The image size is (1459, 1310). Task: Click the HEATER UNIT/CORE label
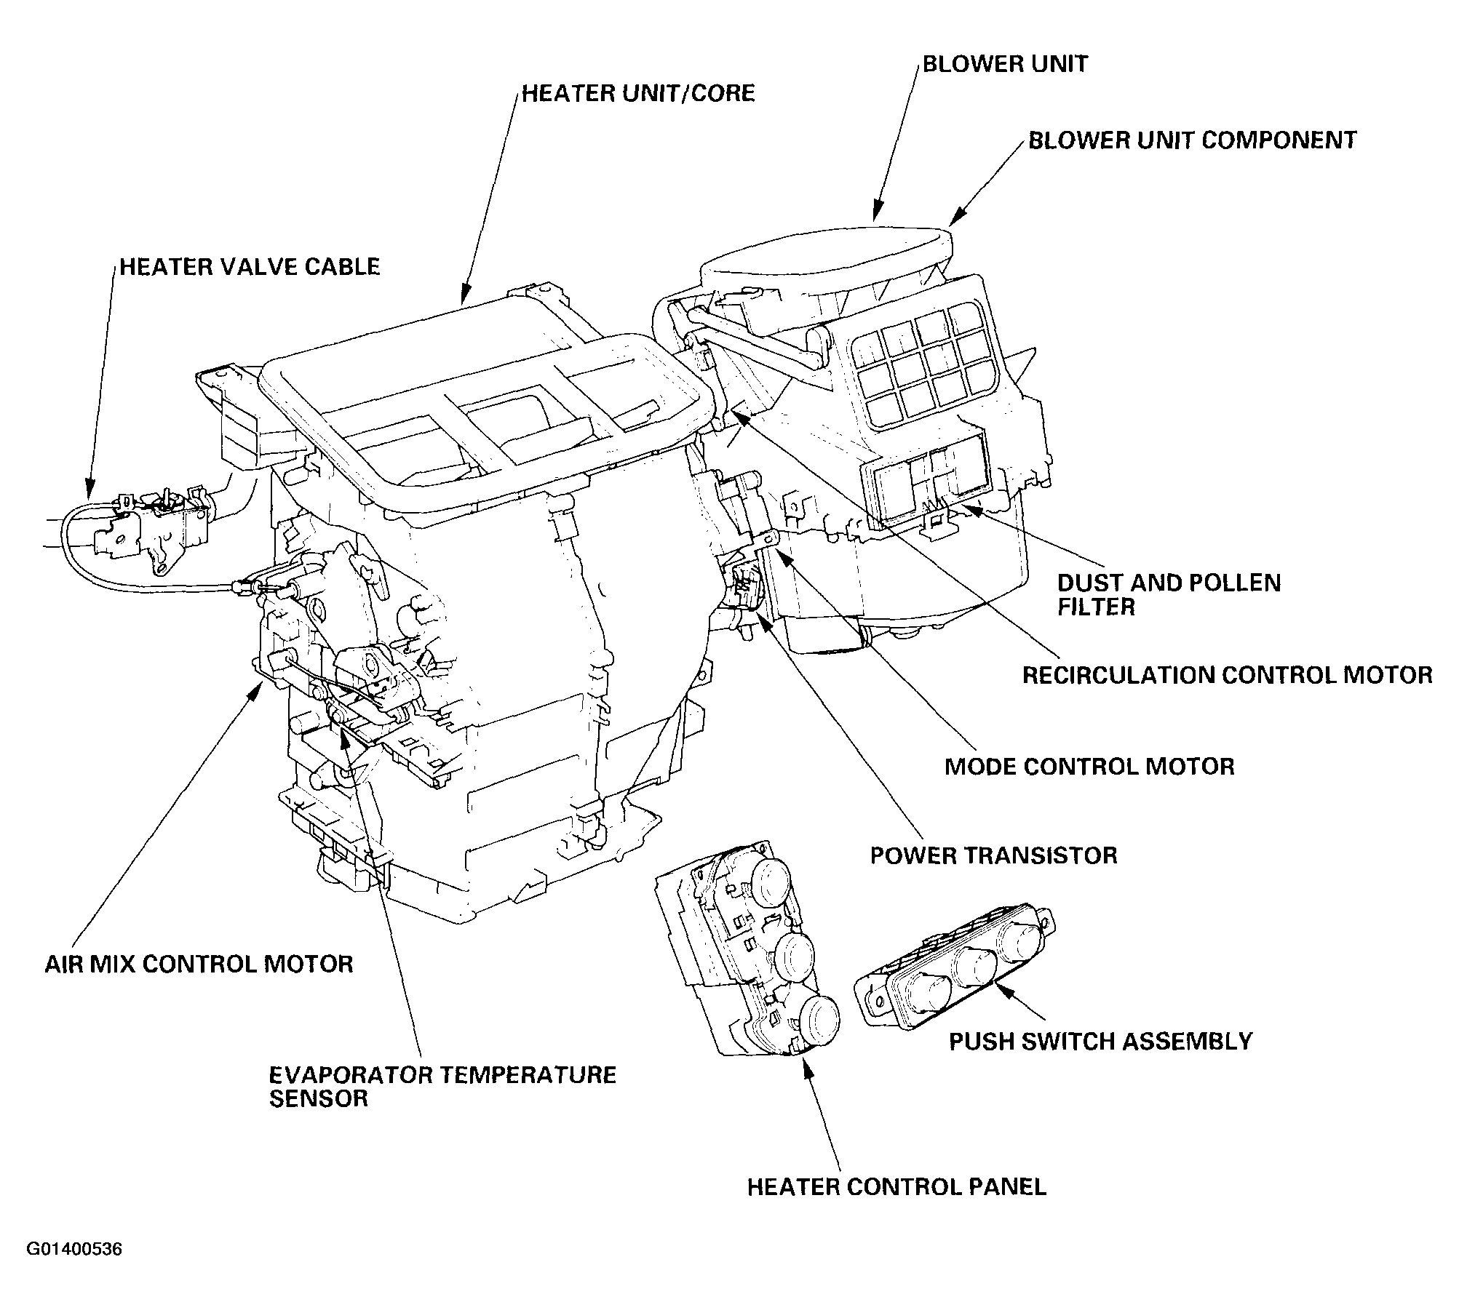638,94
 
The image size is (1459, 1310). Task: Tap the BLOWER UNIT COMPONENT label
1192,140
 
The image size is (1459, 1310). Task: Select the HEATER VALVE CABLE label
250,267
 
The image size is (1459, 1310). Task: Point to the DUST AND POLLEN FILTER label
1169,594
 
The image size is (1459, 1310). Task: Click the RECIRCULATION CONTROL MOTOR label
1228,675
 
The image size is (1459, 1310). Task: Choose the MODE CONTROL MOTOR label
1089,767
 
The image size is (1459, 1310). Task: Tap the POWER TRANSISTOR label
993,855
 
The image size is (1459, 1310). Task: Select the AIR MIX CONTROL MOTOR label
199,964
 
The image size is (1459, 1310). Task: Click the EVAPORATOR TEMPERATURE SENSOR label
442,1087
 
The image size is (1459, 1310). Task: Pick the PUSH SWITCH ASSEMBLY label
1100,1042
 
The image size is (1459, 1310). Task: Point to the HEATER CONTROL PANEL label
897,1187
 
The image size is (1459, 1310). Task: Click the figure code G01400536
74,1250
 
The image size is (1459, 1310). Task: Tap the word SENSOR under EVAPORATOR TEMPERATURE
319,1098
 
